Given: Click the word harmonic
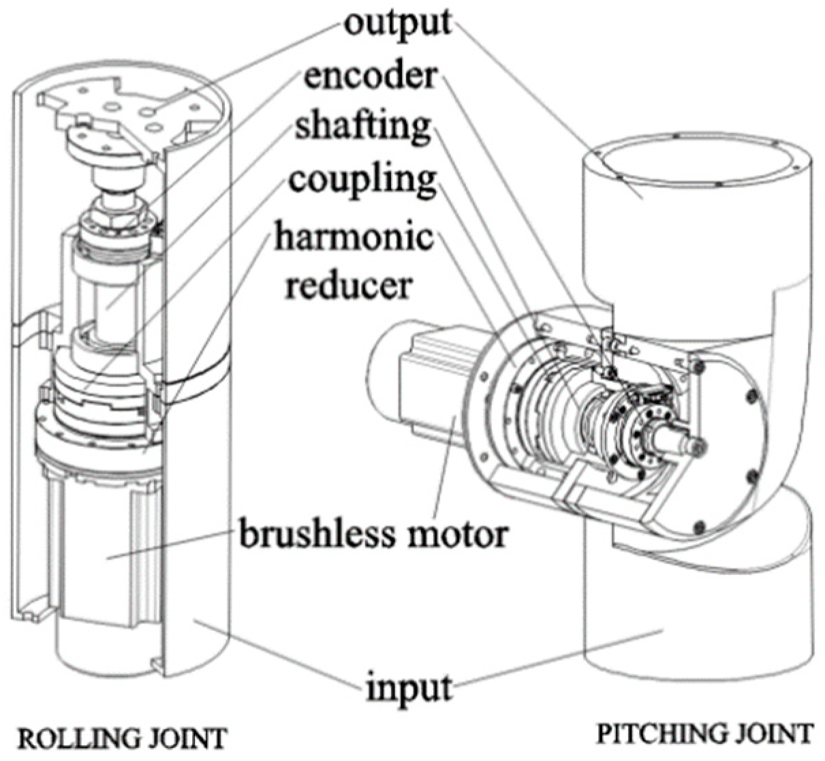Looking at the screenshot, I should point(354,236).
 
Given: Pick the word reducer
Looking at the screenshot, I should point(348,284).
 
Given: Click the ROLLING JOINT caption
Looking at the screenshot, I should point(121,739).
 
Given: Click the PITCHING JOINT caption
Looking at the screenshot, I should point(704,734).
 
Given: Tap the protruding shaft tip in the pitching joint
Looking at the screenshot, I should point(695,446).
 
